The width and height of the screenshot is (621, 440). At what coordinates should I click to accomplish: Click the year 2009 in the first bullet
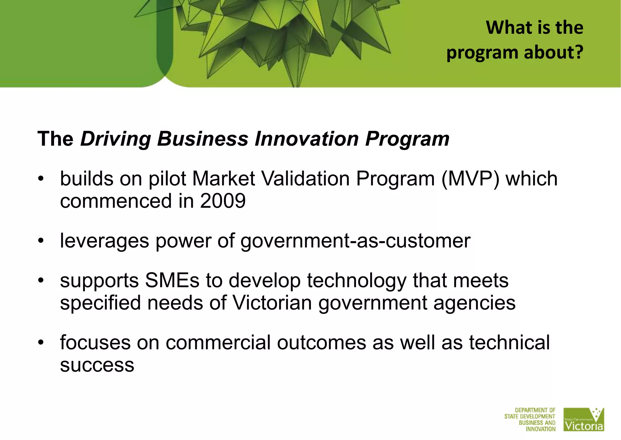223,201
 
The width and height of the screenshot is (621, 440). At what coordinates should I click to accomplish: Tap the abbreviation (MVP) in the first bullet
470,179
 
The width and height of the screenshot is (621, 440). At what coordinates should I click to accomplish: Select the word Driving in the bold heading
116,139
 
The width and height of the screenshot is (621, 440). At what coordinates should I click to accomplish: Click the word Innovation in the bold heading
307,139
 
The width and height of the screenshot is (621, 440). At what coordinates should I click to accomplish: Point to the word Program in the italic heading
407,139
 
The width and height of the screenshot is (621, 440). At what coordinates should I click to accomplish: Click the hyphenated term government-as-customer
355,241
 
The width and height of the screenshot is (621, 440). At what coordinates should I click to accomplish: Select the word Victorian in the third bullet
272,303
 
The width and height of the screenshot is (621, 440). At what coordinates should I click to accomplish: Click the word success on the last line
97,365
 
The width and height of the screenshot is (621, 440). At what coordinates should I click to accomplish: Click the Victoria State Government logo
583,419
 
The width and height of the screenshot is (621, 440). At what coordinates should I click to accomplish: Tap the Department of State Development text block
530,419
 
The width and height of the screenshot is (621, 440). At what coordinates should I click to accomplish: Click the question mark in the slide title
579,52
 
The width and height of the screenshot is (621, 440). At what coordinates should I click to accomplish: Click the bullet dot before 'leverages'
41,241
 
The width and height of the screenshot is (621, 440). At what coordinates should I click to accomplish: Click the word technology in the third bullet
356,281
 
